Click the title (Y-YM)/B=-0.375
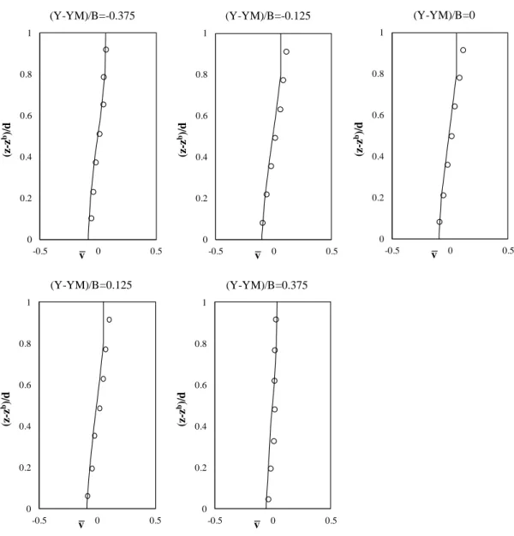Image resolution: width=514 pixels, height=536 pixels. pyautogui.click(x=93, y=15)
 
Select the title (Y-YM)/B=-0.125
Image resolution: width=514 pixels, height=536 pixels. pyautogui.click(x=268, y=15)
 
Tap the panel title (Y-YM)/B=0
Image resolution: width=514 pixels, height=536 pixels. pyautogui.click(x=444, y=15)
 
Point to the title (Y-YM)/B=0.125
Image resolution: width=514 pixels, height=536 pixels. pyautogui.click(x=91, y=285)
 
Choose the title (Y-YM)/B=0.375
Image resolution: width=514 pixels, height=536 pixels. pyautogui.click(x=266, y=285)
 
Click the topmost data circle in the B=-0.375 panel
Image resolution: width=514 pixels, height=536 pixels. pyautogui.click(x=106, y=50)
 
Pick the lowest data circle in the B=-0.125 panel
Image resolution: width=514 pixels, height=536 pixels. pyautogui.click(x=262, y=223)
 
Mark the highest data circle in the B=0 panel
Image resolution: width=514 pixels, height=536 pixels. pyautogui.click(x=463, y=51)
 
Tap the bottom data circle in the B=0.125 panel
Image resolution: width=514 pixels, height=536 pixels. pyautogui.click(x=87, y=496)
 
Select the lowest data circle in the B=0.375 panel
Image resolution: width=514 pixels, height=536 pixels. pyautogui.click(x=268, y=499)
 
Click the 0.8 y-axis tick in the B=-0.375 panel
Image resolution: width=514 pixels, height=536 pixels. pyautogui.click(x=26, y=74)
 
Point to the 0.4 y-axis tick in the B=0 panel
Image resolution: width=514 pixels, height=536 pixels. pyautogui.click(x=378, y=156)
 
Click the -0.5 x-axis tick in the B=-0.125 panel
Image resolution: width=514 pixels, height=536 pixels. pyautogui.click(x=216, y=251)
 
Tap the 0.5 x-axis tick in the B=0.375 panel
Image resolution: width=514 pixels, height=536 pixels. pyautogui.click(x=331, y=521)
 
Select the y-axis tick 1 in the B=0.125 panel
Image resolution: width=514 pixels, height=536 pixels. pyautogui.click(x=29, y=302)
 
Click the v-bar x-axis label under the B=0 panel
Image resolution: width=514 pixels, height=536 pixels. pyautogui.click(x=434, y=254)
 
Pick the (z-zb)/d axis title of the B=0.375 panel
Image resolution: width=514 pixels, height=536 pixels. pyautogui.click(x=182, y=408)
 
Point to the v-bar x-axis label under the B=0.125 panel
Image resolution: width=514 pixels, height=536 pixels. pyautogui.click(x=81, y=524)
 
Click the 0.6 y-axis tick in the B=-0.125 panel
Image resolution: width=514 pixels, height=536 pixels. pyautogui.click(x=202, y=116)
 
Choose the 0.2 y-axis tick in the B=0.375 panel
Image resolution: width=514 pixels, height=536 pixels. pyautogui.click(x=201, y=468)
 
